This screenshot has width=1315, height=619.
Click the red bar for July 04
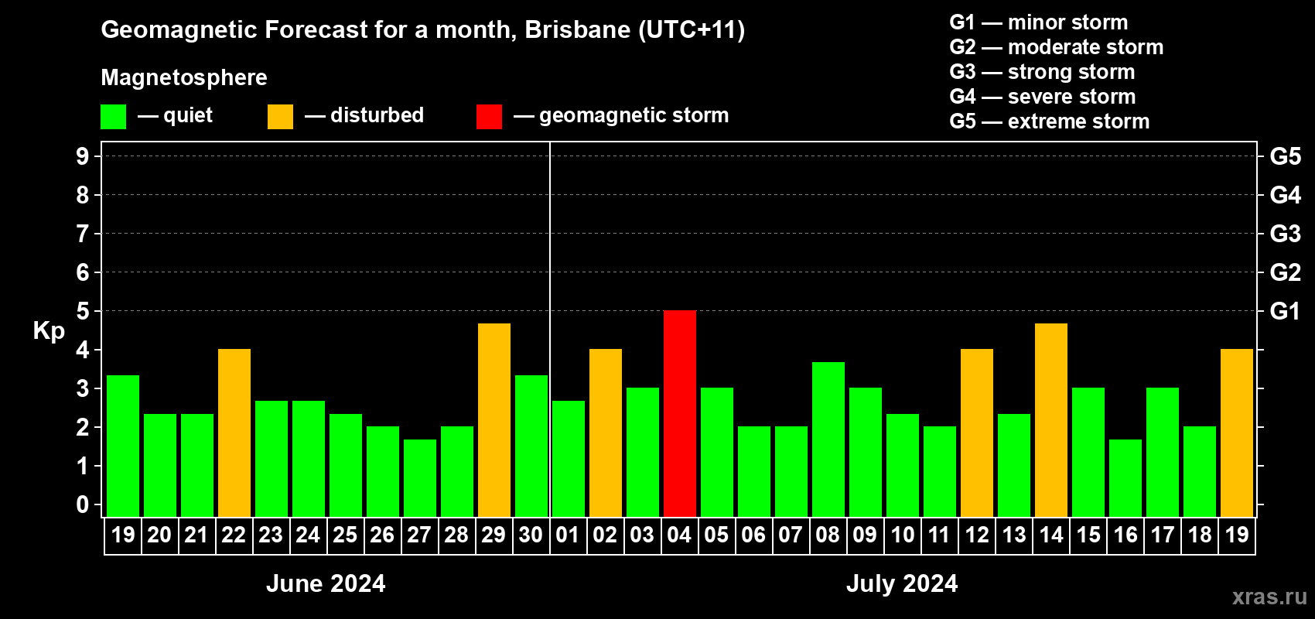pos(680,413)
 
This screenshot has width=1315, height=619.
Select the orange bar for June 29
pos(494,419)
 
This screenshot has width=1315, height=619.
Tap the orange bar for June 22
pos(234,433)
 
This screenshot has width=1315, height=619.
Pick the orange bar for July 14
pos(1051,419)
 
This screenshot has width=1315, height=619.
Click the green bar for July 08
pos(828,439)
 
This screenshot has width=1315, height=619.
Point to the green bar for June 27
pos(420,477)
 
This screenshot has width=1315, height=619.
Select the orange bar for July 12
pos(977,433)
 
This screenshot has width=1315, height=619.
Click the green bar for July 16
pos(1125,477)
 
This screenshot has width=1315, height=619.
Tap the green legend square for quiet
pos(113,117)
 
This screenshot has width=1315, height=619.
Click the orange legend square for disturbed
pos(280,117)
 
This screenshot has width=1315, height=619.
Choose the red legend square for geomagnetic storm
pos(489,117)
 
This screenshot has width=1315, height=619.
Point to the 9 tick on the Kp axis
pos(83,156)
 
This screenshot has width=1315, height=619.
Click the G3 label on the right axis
pos(1285,234)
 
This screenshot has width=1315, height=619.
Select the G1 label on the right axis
pos(1285,311)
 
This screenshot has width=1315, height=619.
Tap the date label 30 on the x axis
pos(531,535)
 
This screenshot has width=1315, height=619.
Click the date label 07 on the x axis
pos(791,535)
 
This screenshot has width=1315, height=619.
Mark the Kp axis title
pos(49,331)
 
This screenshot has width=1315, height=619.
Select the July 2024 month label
pos(902,583)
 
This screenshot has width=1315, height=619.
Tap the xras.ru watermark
pos(1269,597)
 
